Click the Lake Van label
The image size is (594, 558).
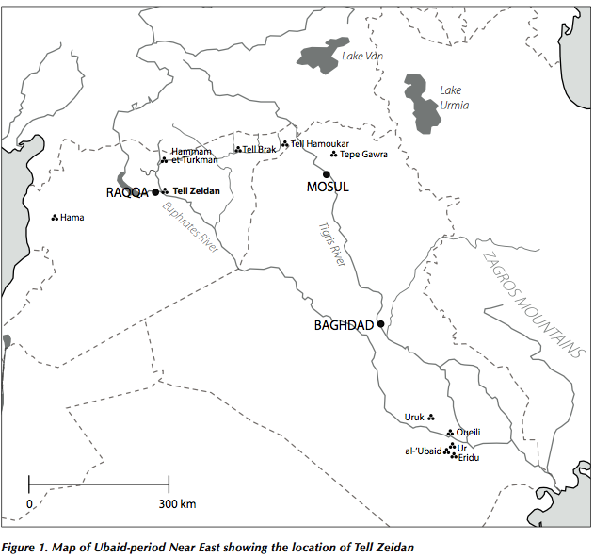(363, 57)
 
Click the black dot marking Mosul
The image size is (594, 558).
(327, 173)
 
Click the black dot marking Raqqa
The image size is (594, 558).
(155, 191)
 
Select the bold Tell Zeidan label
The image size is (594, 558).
(196, 191)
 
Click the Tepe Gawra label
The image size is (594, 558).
(363, 155)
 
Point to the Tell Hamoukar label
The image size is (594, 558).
(321, 143)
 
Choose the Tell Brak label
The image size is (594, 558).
(260, 149)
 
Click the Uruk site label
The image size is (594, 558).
(415, 416)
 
